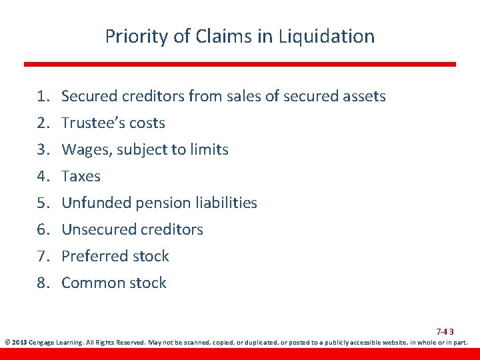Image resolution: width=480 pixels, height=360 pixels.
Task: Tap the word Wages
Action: (x=85, y=150)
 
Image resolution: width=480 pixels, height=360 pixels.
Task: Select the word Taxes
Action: (x=81, y=177)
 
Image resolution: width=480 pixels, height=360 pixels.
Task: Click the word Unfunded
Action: (x=93, y=203)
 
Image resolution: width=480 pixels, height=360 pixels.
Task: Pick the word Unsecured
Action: (x=98, y=230)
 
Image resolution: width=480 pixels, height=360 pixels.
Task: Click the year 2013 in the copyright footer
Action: (x=18, y=343)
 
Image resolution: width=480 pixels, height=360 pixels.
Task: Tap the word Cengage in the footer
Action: (x=43, y=343)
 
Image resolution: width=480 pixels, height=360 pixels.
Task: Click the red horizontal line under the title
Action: (x=240, y=64)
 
